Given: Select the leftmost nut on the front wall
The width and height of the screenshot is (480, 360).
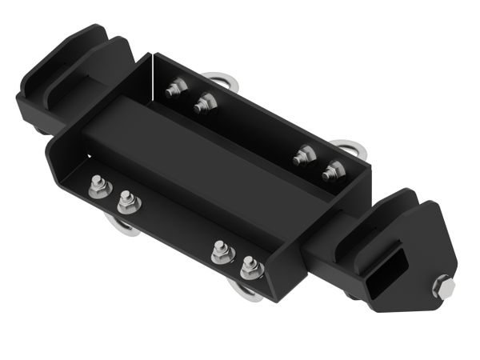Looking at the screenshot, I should coord(98,189).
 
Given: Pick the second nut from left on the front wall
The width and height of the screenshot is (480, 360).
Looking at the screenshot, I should coord(127,202).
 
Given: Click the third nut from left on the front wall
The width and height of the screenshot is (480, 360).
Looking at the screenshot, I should coord(222,254).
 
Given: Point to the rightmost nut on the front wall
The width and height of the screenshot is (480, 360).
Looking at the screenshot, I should coord(251,268).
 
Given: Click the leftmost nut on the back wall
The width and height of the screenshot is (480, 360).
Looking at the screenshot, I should coord(177,88).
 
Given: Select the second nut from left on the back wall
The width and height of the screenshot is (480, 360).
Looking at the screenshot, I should coord(205,102).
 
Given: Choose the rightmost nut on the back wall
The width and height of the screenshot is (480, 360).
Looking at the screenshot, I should coord(333,170).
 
